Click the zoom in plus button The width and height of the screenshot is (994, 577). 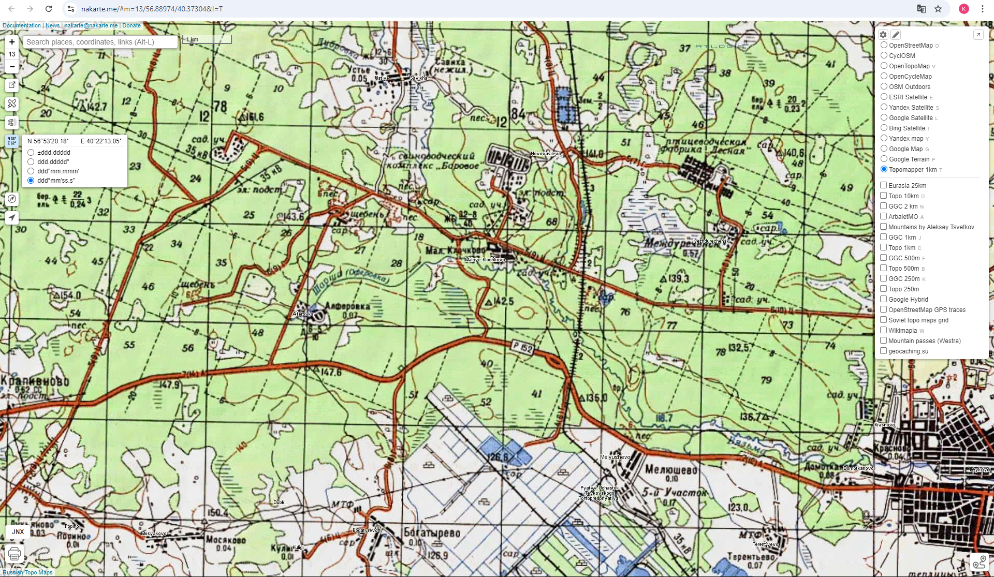tap(12, 42)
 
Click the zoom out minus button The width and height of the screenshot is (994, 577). tap(12, 67)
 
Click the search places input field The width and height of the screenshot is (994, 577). tap(100, 42)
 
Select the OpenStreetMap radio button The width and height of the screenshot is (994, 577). tap(884, 45)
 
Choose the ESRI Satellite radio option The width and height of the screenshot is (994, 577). tap(884, 97)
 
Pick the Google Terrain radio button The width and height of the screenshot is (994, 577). tap(884, 159)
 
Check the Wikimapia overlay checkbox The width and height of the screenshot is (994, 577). tap(884, 330)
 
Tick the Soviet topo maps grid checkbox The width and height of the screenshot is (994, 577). tap(884, 320)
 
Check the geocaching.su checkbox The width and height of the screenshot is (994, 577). tap(884, 351)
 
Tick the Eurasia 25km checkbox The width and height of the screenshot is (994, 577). tap(884, 185)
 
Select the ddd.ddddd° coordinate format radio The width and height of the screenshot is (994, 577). tap(31, 162)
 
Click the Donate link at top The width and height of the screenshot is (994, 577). tap(131, 25)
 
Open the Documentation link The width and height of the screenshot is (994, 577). tap(22, 25)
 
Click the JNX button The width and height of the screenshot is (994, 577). tap(18, 531)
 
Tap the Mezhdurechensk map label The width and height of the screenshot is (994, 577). tap(711, 241)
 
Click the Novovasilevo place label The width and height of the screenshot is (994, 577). tap(546, 154)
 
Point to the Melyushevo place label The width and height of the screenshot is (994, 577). tap(615, 457)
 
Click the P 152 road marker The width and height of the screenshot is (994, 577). tap(522, 347)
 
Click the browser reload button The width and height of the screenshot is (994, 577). tap(49, 9)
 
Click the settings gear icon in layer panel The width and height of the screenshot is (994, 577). tap(883, 35)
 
